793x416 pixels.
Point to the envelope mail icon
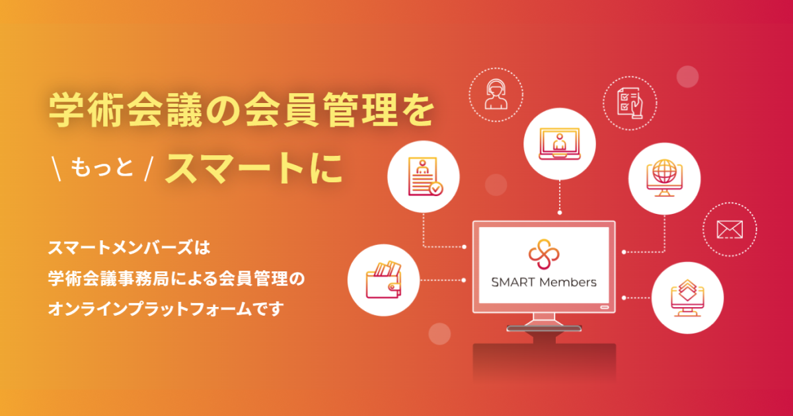(x=730, y=229)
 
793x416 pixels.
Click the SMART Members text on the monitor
(x=544, y=283)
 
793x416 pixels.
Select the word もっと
(x=100, y=170)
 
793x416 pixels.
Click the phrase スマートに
(x=255, y=169)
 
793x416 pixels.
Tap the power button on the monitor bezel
(x=603, y=307)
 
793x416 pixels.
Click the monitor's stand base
(x=544, y=328)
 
